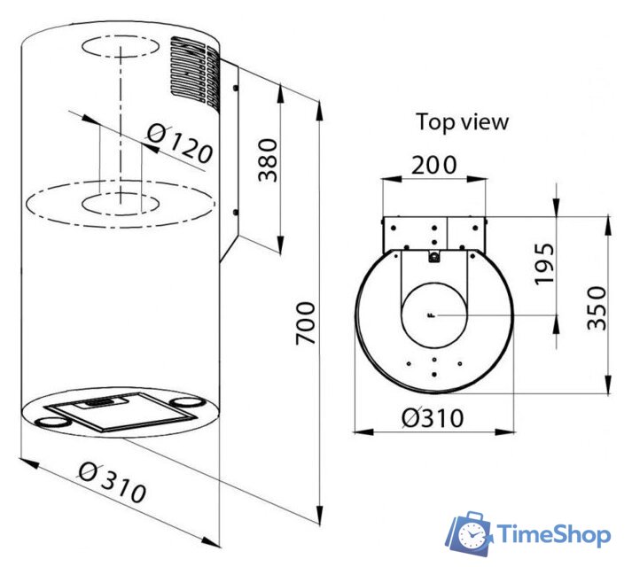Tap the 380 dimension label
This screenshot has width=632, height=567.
click(x=268, y=160)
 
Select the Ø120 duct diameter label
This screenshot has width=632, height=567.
click(x=179, y=144)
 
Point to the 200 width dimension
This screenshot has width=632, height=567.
click(x=433, y=165)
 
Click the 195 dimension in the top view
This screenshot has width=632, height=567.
click(x=544, y=263)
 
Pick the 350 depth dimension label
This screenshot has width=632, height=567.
click(x=597, y=308)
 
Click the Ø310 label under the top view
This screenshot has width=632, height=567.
click(x=433, y=418)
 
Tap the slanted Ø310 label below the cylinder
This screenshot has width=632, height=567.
click(x=113, y=483)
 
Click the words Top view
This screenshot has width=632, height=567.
click(x=463, y=121)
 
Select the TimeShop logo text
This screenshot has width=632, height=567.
click(x=554, y=534)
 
